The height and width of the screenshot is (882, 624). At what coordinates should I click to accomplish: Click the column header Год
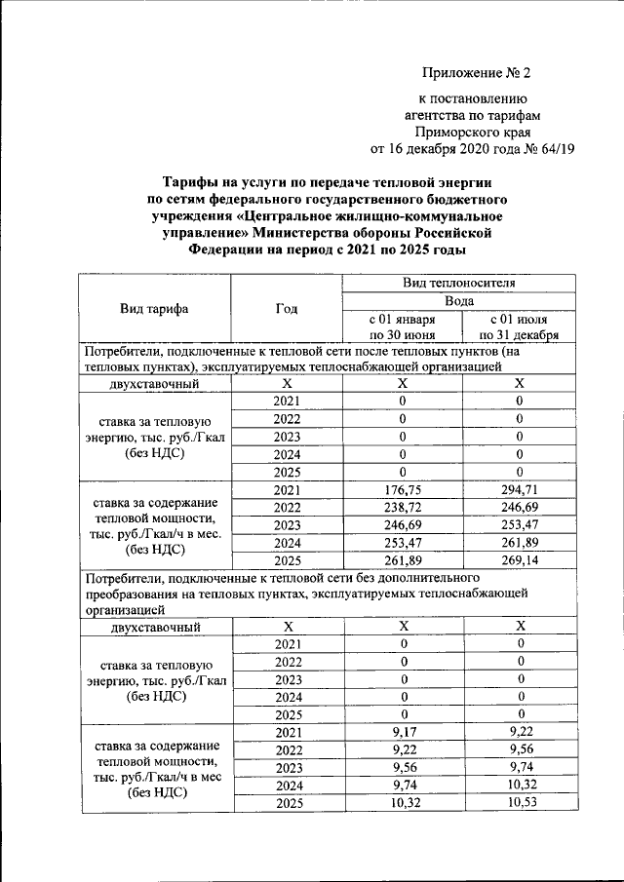(x=286, y=309)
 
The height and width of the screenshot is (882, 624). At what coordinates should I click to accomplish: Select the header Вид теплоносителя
(x=459, y=284)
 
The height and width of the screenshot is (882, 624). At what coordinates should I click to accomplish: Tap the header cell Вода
(x=459, y=301)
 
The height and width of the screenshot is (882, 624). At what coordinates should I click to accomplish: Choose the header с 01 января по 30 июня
(x=402, y=327)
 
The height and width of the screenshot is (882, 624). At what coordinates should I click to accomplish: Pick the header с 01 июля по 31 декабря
(x=519, y=327)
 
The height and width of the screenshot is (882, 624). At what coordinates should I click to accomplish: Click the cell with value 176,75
(x=402, y=489)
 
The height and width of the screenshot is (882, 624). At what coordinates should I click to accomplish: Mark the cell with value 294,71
(x=519, y=489)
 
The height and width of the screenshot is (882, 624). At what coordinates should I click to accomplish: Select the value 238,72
(x=402, y=508)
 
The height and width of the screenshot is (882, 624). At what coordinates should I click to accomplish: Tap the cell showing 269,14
(x=519, y=561)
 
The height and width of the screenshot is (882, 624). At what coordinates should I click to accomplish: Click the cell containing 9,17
(x=402, y=733)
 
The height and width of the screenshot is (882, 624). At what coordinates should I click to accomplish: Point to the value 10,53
(x=519, y=803)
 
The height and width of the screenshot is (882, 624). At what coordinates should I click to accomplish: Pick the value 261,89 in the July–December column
(x=519, y=543)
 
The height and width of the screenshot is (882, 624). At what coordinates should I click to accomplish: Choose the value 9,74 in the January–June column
(x=402, y=786)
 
